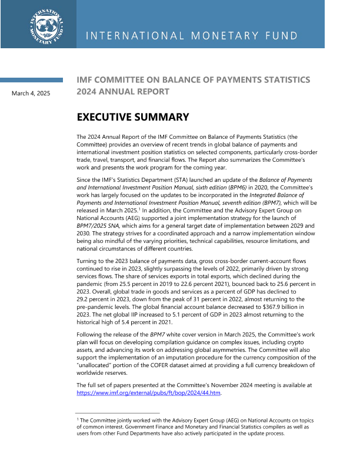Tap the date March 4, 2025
pyautogui.click(x=31, y=93)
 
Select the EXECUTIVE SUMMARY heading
pyautogui.click(x=133, y=117)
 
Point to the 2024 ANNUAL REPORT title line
pyautogui.click(x=123, y=91)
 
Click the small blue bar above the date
pyautogui.click(x=31, y=79)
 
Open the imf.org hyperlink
pyautogui.click(x=149, y=393)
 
